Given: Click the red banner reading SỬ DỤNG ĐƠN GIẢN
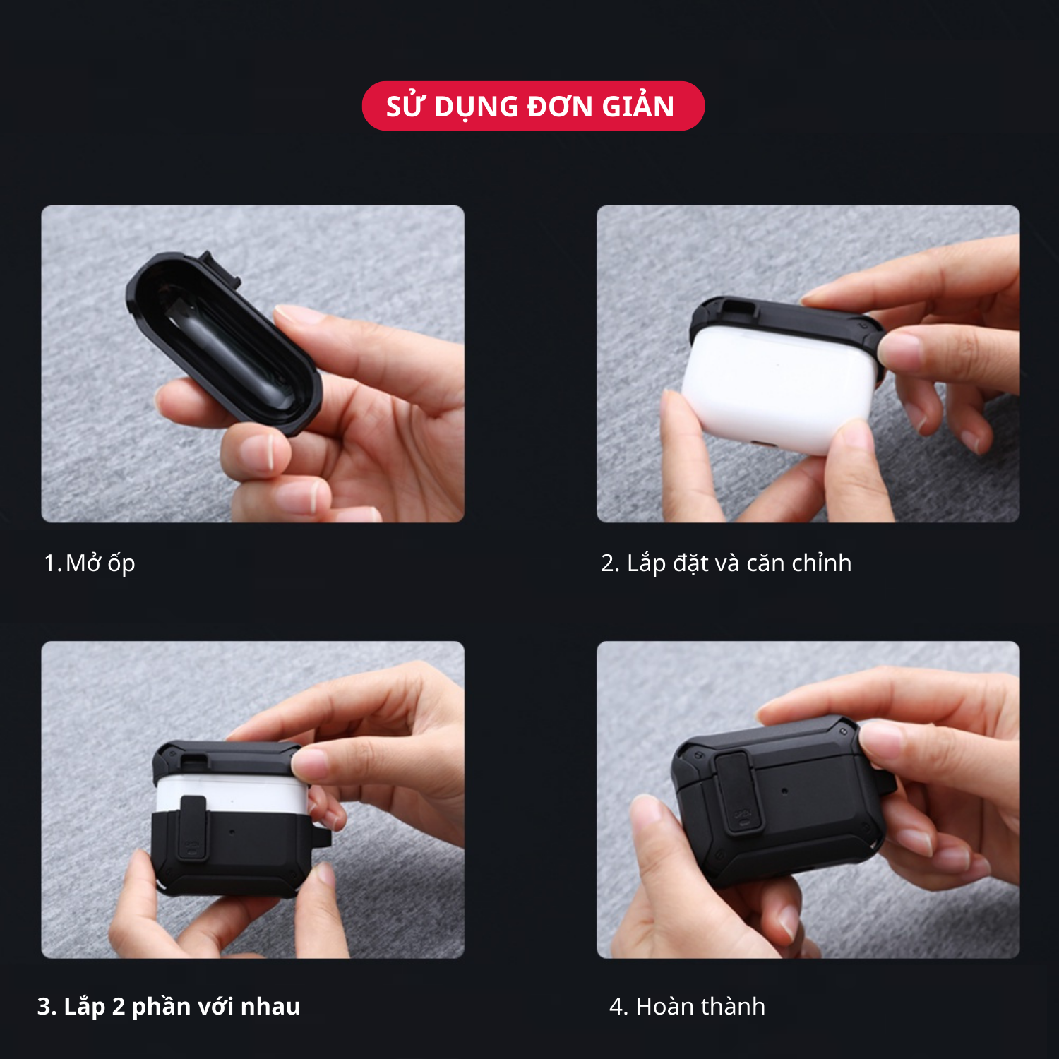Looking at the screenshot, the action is [x=533, y=106].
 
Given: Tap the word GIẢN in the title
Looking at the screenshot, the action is [x=638, y=106].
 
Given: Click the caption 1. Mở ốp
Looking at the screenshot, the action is [x=89, y=563].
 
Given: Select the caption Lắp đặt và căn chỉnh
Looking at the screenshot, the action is [x=739, y=563].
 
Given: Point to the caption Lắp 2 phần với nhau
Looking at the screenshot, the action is [x=182, y=1006].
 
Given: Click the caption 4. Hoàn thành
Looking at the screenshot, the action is [x=687, y=1006].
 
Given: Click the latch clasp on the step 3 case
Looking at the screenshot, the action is [x=193, y=827].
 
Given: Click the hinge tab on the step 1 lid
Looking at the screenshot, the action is [x=220, y=269].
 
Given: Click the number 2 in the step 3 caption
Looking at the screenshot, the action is [x=119, y=1006].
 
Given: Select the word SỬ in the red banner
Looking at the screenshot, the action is [x=405, y=106].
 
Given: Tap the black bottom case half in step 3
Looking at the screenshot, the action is [x=233, y=854].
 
